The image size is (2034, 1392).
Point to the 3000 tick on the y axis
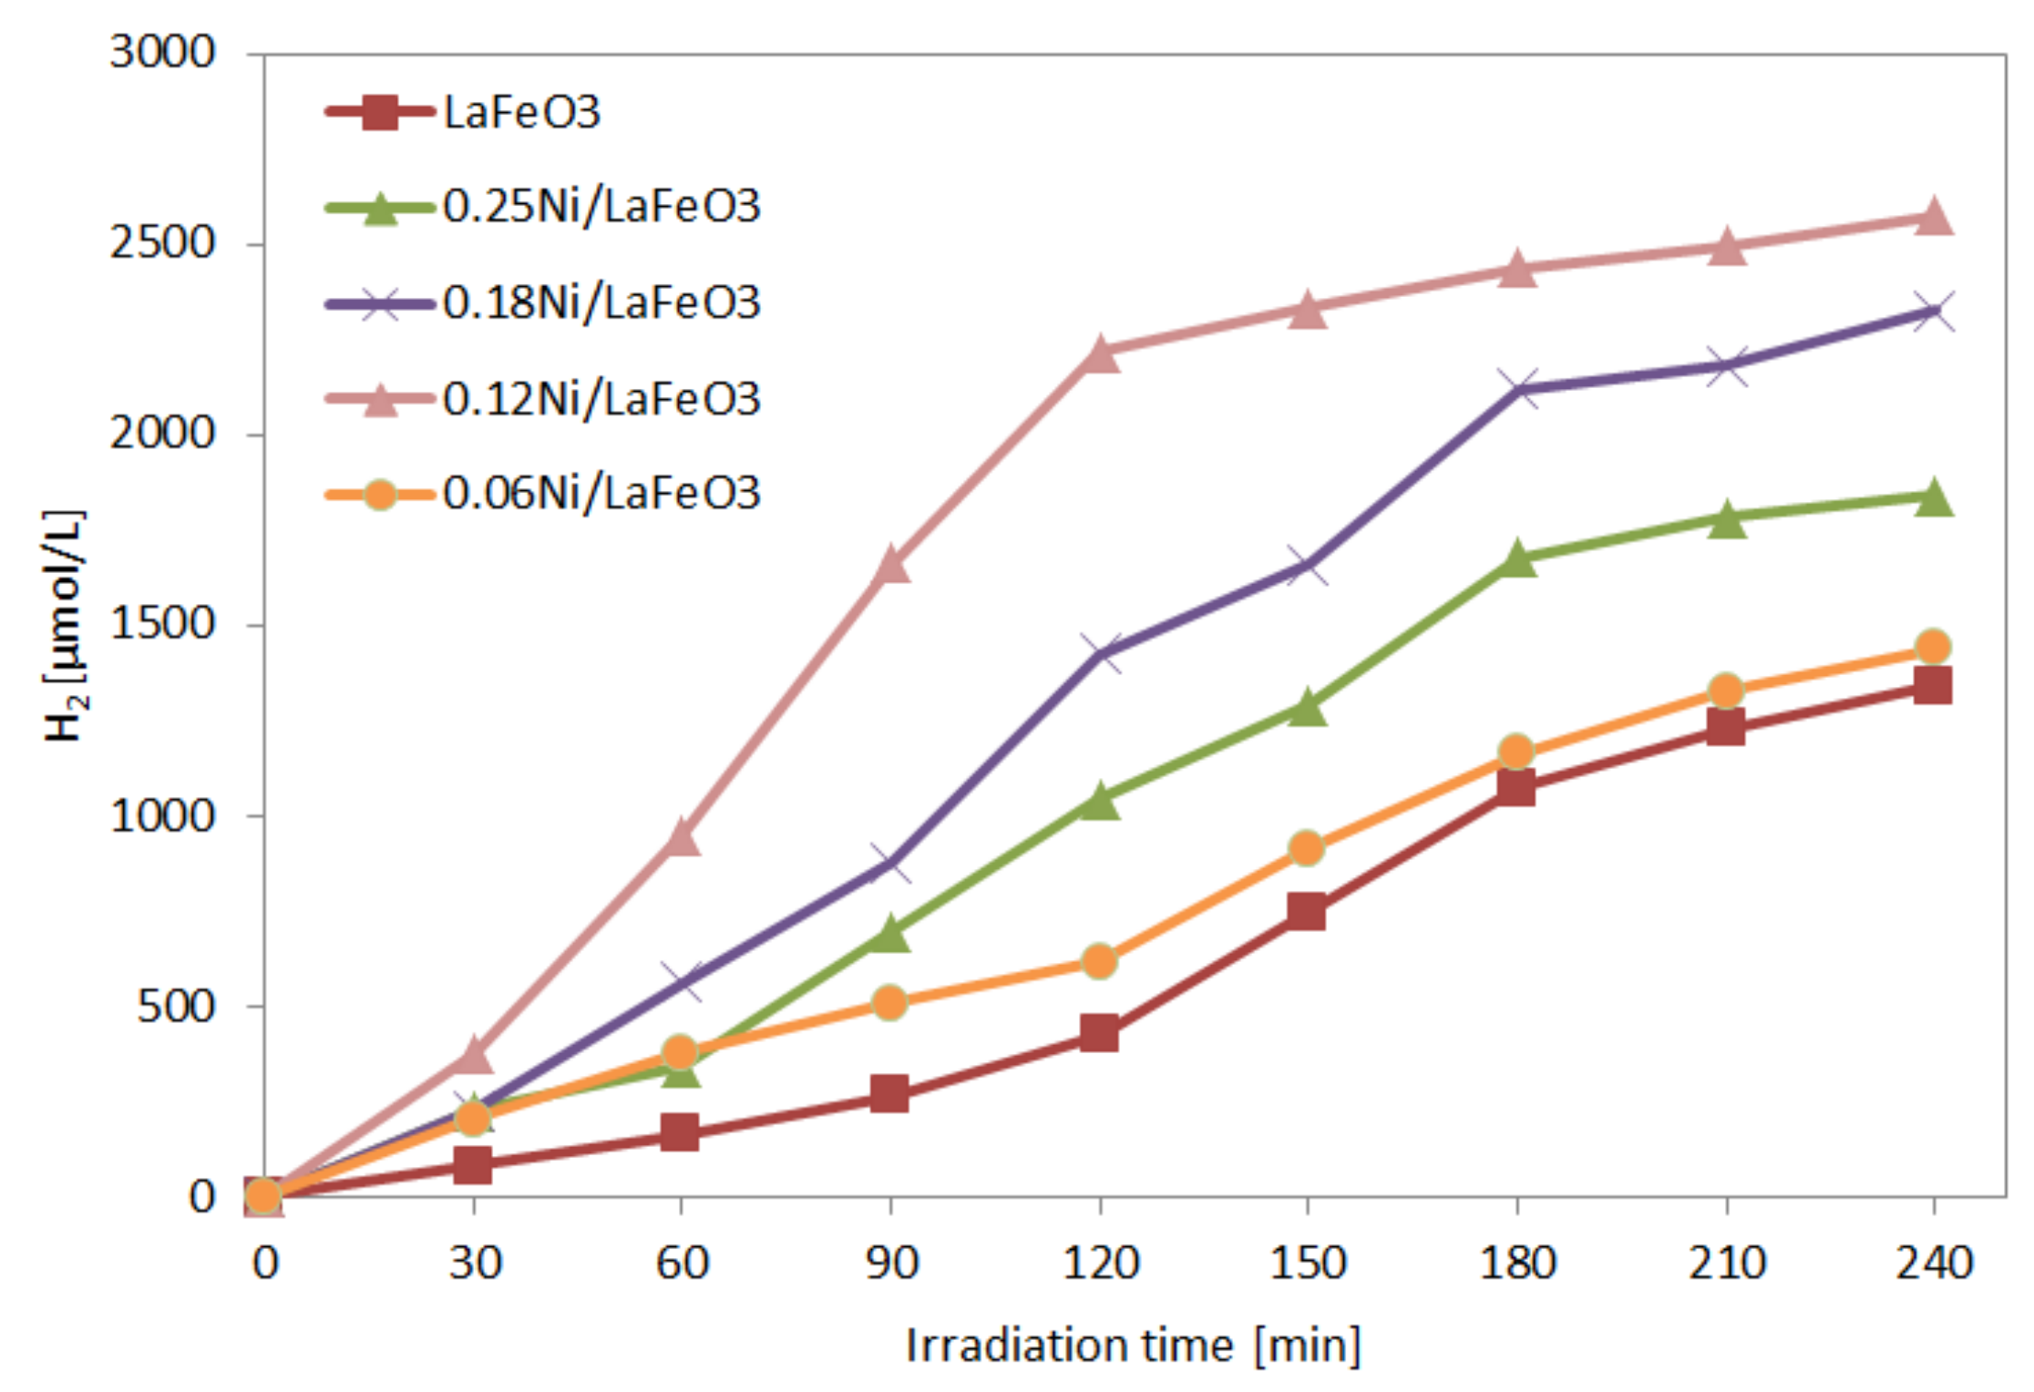tap(162, 52)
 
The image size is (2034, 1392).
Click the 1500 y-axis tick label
tap(162, 624)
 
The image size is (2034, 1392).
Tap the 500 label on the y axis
tap(175, 1006)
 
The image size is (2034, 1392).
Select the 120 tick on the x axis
tap(1100, 1263)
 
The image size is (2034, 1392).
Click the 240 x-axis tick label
tap(1934, 1263)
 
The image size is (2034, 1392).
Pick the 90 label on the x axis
tap(890, 1263)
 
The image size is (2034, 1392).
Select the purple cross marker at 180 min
tap(1517, 389)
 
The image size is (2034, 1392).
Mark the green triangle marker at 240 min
tap(1934, 497)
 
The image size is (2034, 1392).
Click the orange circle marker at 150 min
tap(1307, 848)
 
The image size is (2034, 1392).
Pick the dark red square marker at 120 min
tap(1099, 1033)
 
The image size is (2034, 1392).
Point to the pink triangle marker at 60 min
tap(682, 837)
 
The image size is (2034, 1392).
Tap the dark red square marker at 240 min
tap(1933, 684)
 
